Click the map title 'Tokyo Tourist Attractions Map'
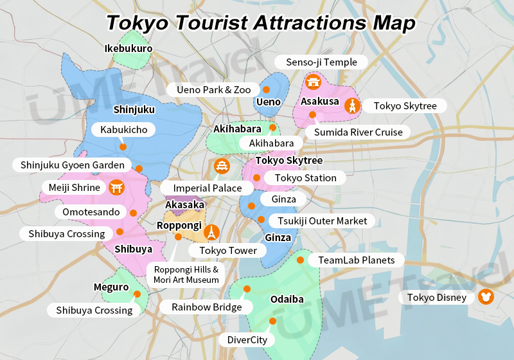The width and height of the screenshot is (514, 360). click(260, 22)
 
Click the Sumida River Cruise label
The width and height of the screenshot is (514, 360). click(358, 132)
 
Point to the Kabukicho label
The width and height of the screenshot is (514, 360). click(124, 130)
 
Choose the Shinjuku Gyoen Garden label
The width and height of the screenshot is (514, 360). click(72, 165)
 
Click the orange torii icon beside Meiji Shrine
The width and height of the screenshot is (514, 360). click(116, 188)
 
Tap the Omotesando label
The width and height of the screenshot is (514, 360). click(91, 212)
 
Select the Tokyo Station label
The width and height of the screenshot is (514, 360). click(305, 178)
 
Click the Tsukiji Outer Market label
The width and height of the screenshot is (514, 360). click(322, 221)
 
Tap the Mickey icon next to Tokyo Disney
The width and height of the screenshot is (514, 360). click(486, 297)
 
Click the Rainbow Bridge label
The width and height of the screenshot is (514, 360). click(207, 307)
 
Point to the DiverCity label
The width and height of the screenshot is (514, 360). click(247, 339)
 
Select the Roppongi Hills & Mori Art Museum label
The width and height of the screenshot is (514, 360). click(186, 274)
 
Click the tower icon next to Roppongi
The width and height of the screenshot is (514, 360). click(212, 232)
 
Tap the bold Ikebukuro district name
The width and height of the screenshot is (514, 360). click(128, 48)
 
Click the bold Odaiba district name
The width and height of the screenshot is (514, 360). click(287, 300)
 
